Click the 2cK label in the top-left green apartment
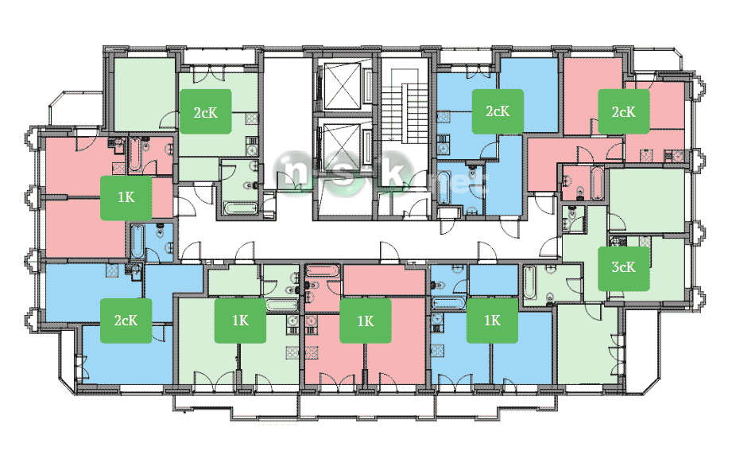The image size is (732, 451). [205, 111]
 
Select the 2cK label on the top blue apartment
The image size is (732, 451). [498, 111]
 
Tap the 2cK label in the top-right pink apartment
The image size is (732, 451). [624, 111]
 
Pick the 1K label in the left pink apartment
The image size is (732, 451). [126, 197]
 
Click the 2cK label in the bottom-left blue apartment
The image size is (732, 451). [126, 321]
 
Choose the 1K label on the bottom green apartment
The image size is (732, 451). [240, 321]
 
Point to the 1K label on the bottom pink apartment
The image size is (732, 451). [366, 321]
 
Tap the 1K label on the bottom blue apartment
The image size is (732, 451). [493, 321]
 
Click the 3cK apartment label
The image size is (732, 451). [624, 267]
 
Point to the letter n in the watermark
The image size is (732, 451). [297, 171]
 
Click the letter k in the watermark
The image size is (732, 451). [391, 170]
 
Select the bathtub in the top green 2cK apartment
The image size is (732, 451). [240, 208]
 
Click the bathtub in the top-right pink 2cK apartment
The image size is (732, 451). [597, 184]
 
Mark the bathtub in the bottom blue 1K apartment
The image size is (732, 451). [448, 303]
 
